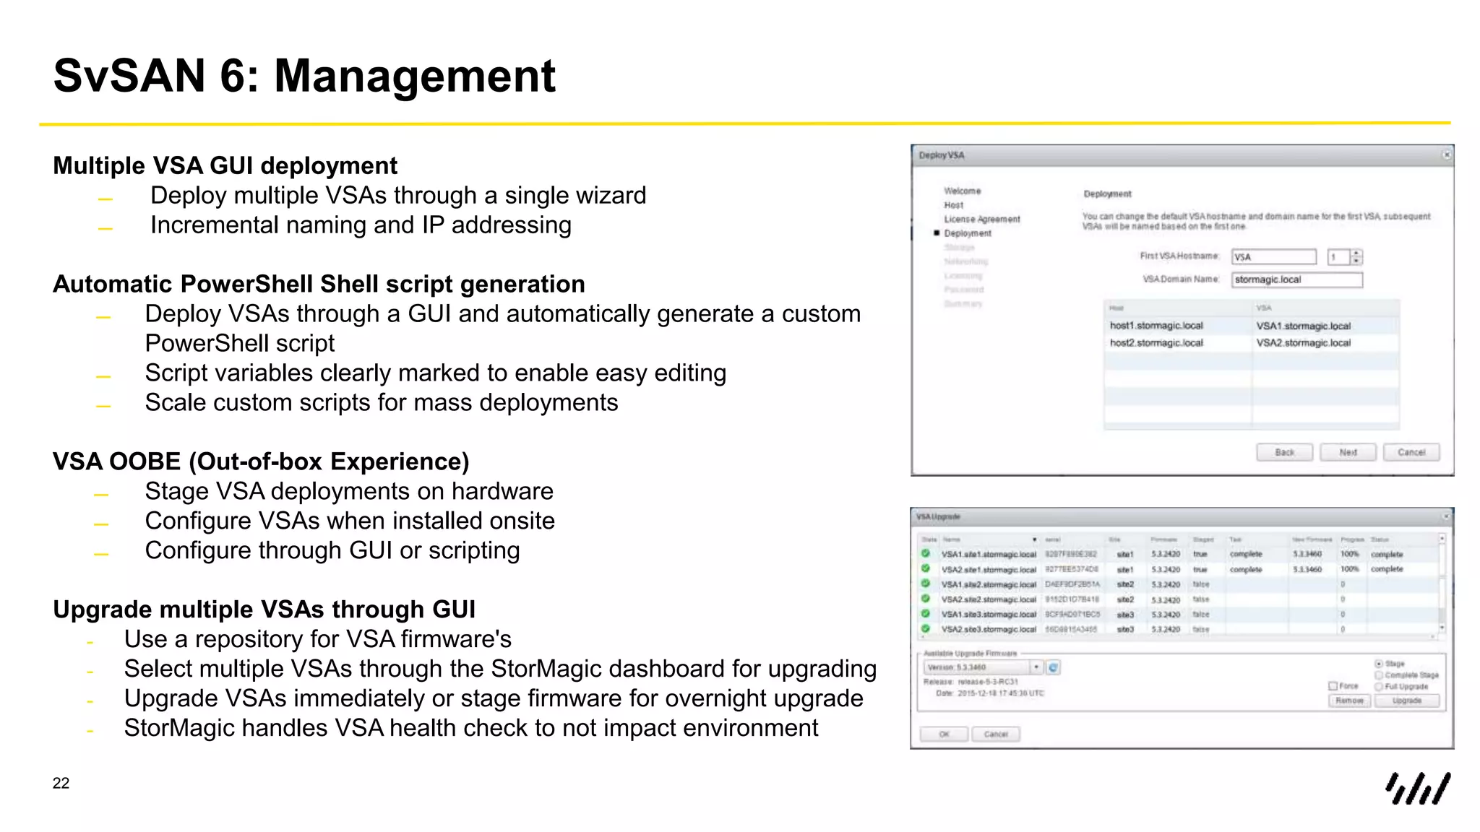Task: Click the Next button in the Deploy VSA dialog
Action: point(1348,452)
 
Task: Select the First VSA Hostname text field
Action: point(1273,257)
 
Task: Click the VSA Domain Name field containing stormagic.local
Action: point(1297,279)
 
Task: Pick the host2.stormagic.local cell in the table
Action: point(1156,343)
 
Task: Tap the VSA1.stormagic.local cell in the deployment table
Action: point(1303,326)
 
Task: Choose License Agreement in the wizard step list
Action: point(981,219)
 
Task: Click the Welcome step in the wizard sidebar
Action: point(962,191)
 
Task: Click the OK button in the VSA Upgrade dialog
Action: point(944,734)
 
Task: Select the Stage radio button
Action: point(1379,664)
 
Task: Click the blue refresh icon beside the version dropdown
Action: point(1054,667)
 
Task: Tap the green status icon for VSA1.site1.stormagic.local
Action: point(926,554)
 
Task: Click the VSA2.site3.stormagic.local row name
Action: point(988,630)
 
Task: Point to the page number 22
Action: point(61,783)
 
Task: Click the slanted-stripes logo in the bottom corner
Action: point(1417,788)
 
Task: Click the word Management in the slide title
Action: point(415,76)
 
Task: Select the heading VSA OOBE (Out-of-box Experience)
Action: point(261,461)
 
